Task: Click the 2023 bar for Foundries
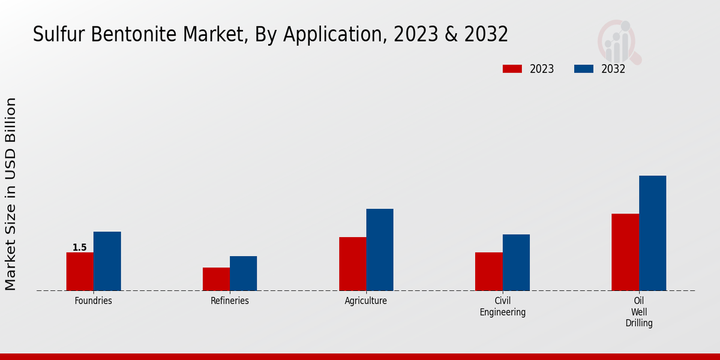pos(80,271)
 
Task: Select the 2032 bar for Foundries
pos(107,261)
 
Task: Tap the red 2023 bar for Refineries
pos(216,279)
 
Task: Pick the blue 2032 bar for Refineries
pos(243,274)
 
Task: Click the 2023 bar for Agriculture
pos(352,264)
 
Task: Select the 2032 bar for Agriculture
pos(380,250)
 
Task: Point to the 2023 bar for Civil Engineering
pos(488,271)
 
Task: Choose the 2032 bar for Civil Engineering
pos(516,262)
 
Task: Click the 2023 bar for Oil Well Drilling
pos(625,252)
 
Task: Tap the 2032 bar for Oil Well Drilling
pos(652,233)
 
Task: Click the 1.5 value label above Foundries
pos(80,247)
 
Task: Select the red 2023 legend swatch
pos(512,69)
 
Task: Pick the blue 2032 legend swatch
pos(584,69)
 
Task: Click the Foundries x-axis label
pos(94,301)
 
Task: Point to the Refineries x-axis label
pos(230,301)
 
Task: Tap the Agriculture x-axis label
pos(366,301)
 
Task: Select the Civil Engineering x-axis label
pos(503,306)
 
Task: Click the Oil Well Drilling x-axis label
pos(639,311)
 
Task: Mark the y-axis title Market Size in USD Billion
pos(11,193)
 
